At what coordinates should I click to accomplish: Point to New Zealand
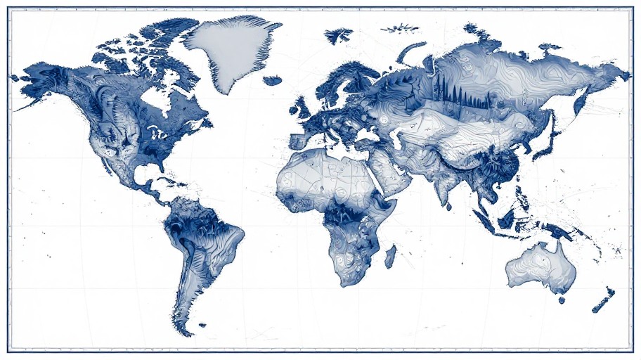point(604,300)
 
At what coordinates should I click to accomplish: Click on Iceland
point(273,81)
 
